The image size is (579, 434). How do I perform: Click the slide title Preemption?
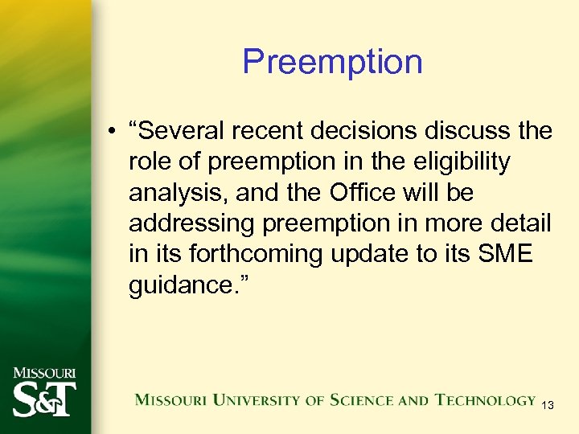(x=332, y=62)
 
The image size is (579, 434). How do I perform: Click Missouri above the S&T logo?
(x=46, y=373)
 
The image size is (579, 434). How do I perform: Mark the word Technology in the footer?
(x=486, y=399)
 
